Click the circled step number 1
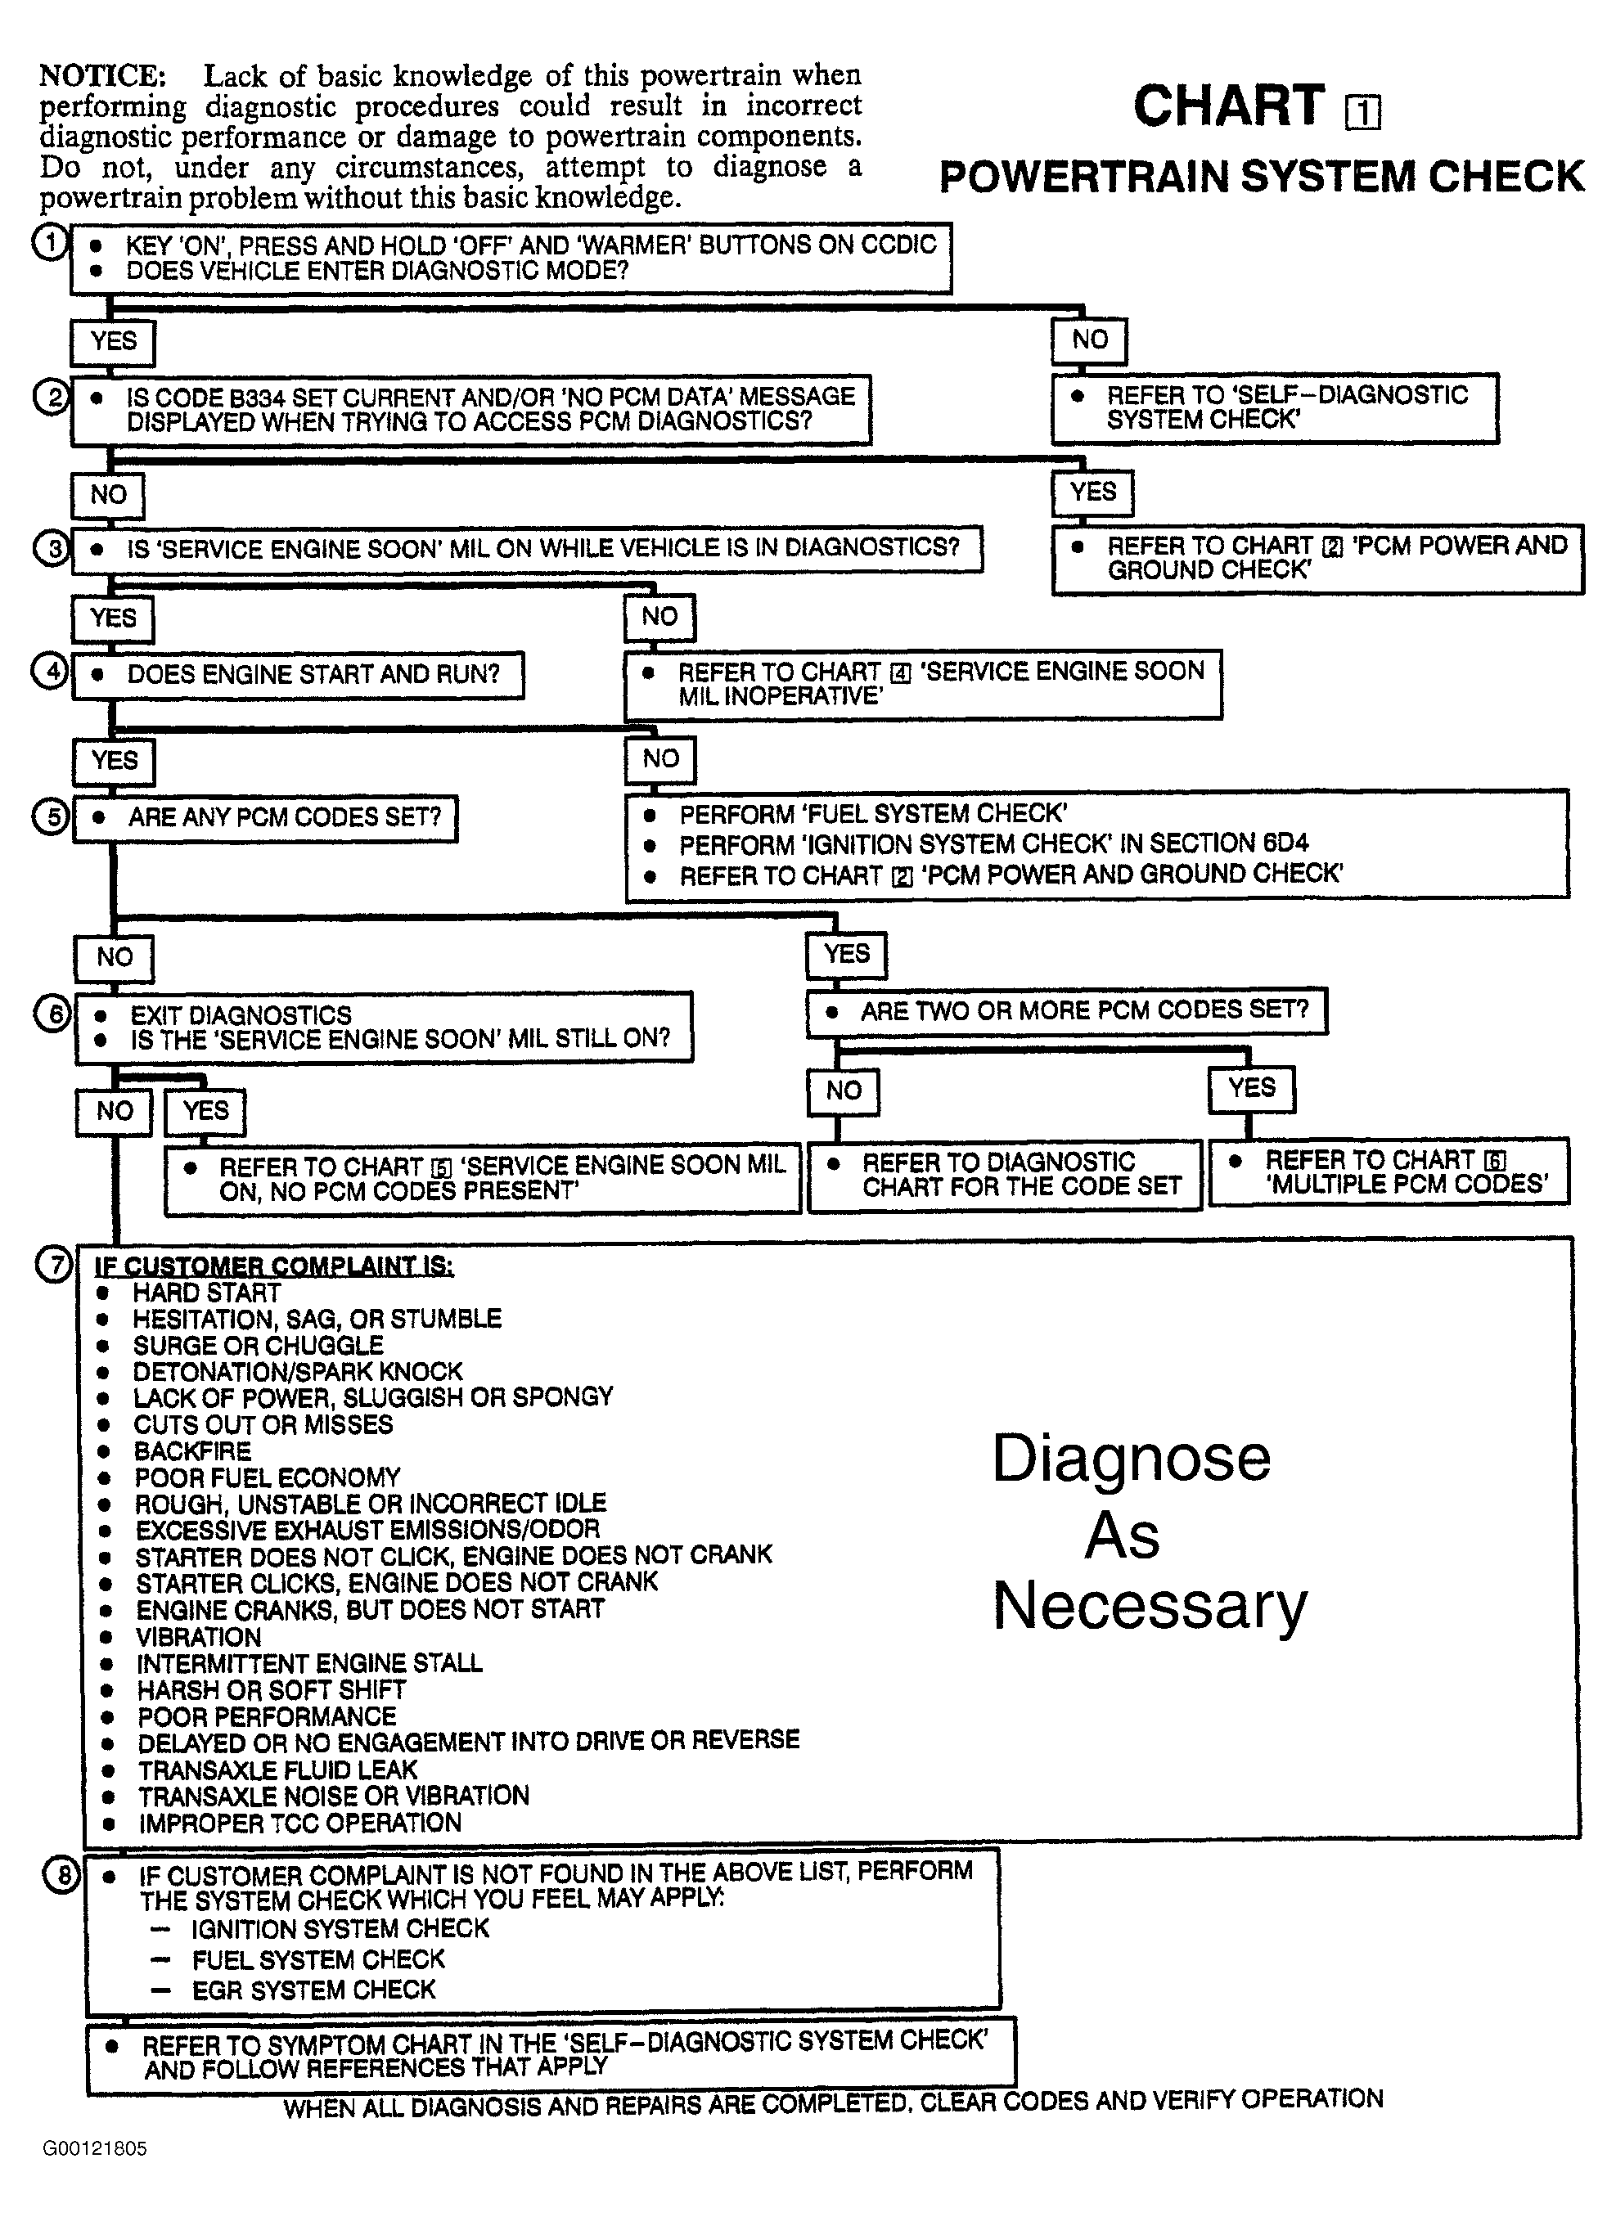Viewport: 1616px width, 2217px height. (49, 241)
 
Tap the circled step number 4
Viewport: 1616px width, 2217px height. (50, 672)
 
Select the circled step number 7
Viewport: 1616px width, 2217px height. (54, 1265)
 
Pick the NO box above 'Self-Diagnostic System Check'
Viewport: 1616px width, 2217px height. (1089, 340)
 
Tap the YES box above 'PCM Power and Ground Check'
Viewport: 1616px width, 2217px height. (1092, 492)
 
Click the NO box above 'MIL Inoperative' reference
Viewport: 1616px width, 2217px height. (659, 617)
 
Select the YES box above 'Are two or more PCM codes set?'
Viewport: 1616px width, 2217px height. (846, 954)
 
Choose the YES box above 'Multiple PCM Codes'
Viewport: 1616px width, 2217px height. (1251, 1088)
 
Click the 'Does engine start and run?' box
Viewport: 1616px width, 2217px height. (299, 675)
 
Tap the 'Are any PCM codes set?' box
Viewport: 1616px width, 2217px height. (265, 817)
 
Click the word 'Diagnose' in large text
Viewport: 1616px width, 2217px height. (1131, 1458)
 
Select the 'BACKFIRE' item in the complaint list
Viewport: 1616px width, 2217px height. (193, 1450)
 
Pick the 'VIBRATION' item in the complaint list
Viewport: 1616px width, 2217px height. (199, 1637)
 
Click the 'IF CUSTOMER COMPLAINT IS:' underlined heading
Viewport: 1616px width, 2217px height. (273, 1266)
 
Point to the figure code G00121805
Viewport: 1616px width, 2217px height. (94, 2148)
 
